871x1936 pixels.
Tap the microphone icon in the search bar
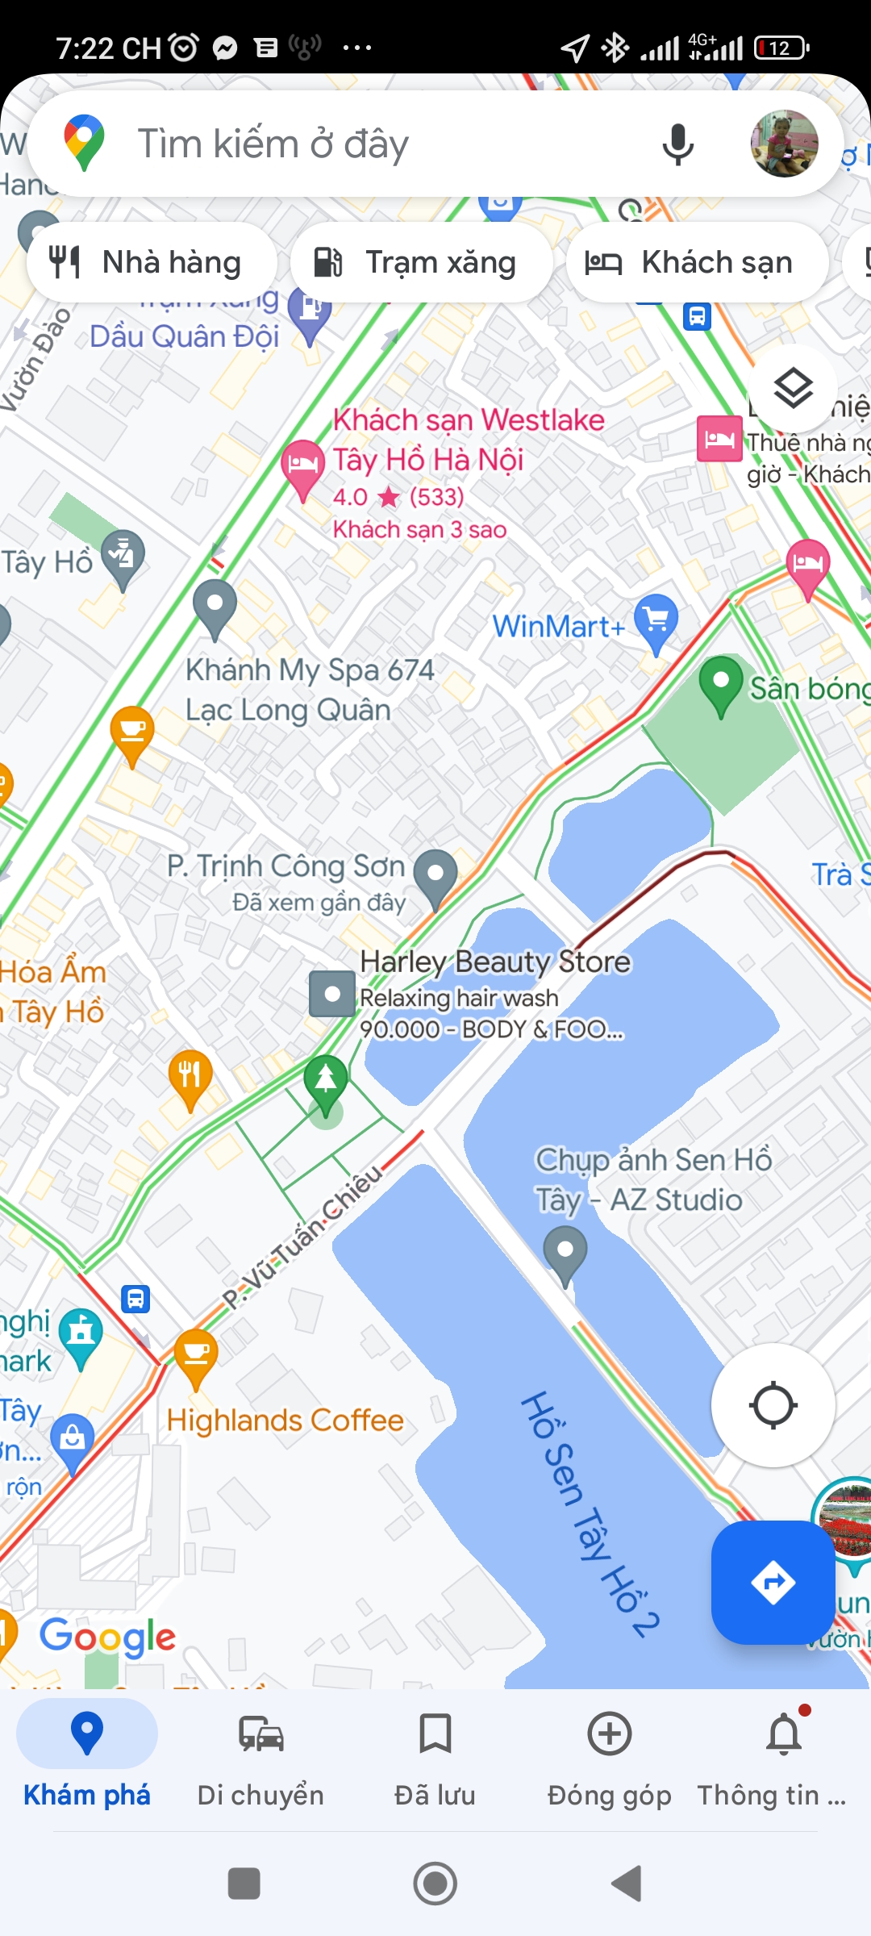pos(677,144)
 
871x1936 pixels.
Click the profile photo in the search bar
pos(784,144)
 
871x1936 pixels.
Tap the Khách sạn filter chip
pos(697,262)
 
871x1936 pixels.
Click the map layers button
pos(794,388)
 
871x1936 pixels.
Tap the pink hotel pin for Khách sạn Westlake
pos(302,466)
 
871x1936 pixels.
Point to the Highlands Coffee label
pos(285,1420)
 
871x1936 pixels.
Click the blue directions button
pos(773,1582)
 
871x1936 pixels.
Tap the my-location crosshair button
pos(773,1405)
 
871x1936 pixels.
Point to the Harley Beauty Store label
pos(495,962)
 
